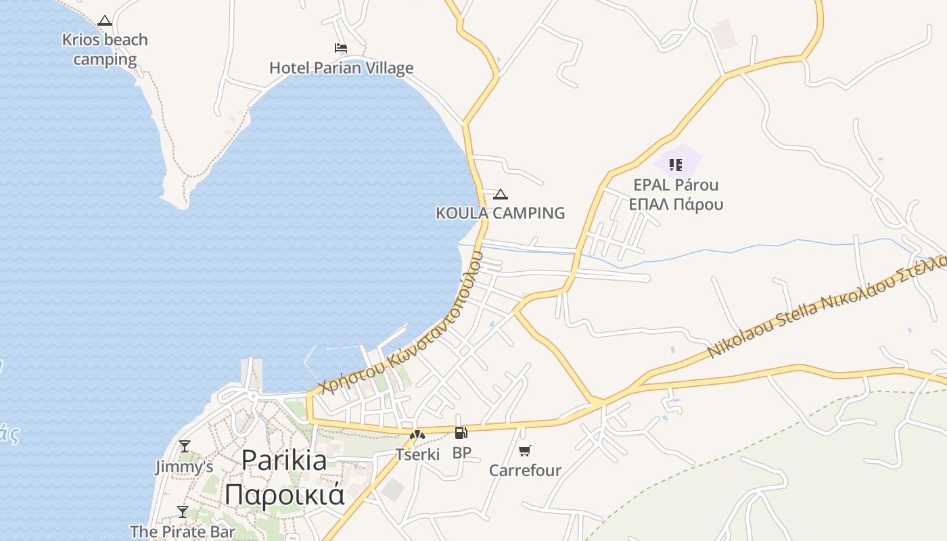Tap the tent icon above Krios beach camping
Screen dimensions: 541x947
click(104, 21)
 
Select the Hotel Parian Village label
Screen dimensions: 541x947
click(341, 68)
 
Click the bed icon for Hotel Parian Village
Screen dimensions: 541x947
click(341, 48)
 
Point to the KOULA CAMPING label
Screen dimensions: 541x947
click(500, 213)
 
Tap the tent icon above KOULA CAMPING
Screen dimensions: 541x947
click(501, 195)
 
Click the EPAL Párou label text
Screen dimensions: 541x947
click(676, 185)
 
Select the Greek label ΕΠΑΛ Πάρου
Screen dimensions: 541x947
click(676, 204)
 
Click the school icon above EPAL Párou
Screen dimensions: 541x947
click(675, 164)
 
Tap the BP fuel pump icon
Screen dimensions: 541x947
click(461, 433)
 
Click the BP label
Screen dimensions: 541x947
click(461, 452)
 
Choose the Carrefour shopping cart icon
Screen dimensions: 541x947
click(525, 450)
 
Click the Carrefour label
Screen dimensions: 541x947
click(525, 470)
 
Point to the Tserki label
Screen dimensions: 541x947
click(417, 454)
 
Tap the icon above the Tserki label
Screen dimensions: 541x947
click(417, 434)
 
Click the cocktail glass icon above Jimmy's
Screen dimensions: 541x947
click(184, 446)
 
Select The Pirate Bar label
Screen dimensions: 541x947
click(183, 532)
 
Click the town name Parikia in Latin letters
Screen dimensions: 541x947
click(284, 461)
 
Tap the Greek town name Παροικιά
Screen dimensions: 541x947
click(284, 494)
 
